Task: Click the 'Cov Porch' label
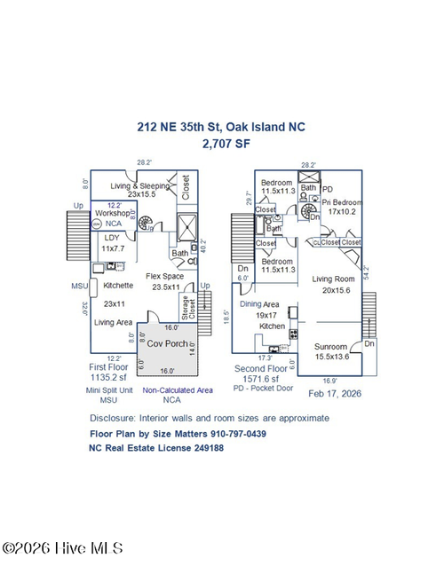[166, 342]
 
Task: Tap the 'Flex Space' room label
[164, 276]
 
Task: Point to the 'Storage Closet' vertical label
[186, 308]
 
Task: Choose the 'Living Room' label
[333, 279]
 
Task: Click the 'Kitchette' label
[118, 286]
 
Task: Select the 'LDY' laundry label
[113, 238]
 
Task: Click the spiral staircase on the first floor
[155, 221]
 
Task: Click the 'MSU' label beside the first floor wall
[78, 286]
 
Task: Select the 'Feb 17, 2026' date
[333, 391]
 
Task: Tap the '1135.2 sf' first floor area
[114, 376]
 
